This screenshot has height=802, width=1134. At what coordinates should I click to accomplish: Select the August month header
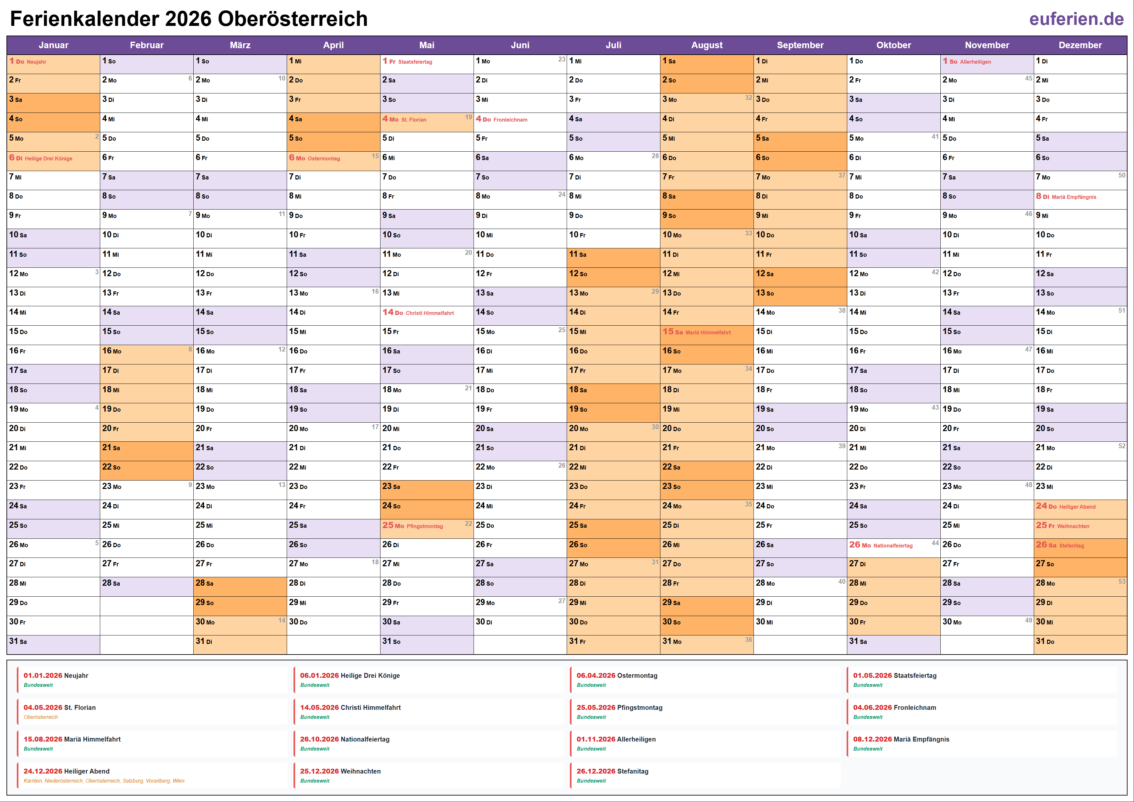pyautogui.click(x=706, y=45)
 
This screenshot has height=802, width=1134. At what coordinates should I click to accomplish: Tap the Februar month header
pyautogui.click(x=147, y=45)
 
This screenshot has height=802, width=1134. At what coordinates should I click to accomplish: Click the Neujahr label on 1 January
pyautogui.click(x=37, y=62)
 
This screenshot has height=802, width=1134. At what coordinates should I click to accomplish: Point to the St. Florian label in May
pyautogui.click(x=413, y=120)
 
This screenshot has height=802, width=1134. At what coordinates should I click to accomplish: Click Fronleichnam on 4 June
pyautogui.click(x=510, y=120)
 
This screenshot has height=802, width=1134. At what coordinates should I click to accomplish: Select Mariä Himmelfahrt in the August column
pyautogui.click(x=708, y=332)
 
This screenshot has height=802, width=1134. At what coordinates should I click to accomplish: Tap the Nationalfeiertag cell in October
pyautogui.click(x=893, y=546)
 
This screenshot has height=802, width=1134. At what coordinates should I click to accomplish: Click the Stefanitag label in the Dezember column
pyautogui.click(x=1071, y=546)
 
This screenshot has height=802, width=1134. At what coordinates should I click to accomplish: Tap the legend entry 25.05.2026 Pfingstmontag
pyautogui.click(x=619, y=708)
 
